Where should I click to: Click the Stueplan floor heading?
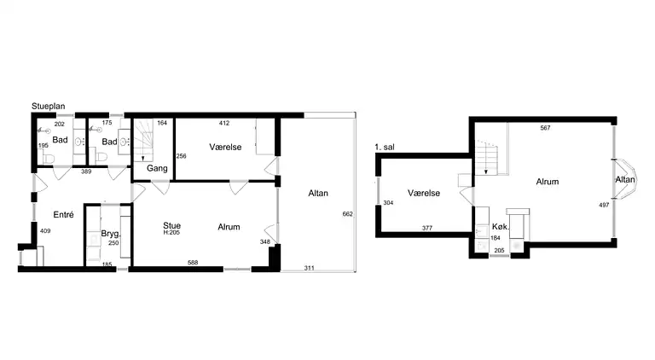(49, 107)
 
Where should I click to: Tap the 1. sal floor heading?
(385, 147)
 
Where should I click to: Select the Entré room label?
(63, 215)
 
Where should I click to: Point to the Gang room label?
(157, 168)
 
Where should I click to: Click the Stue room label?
(171, 225)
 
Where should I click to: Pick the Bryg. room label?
(111, 234)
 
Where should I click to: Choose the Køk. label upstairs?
(501, 227)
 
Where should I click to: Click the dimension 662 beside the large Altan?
(348, 214)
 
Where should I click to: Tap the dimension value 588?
(193, 263)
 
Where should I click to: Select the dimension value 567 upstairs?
(545, 128)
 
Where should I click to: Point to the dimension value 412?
(224, 123)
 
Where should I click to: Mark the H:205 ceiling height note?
(171, 233)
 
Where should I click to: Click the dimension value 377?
(427, 228)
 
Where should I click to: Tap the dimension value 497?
(604, 205)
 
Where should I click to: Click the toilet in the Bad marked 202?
(49, 159)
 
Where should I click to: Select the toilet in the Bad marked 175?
(101, 158)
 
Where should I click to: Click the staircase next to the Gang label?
(143, 140)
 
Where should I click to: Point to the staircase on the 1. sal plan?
(486, 157)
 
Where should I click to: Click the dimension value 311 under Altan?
(309, 268)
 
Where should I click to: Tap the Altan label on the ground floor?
(318, 194)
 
